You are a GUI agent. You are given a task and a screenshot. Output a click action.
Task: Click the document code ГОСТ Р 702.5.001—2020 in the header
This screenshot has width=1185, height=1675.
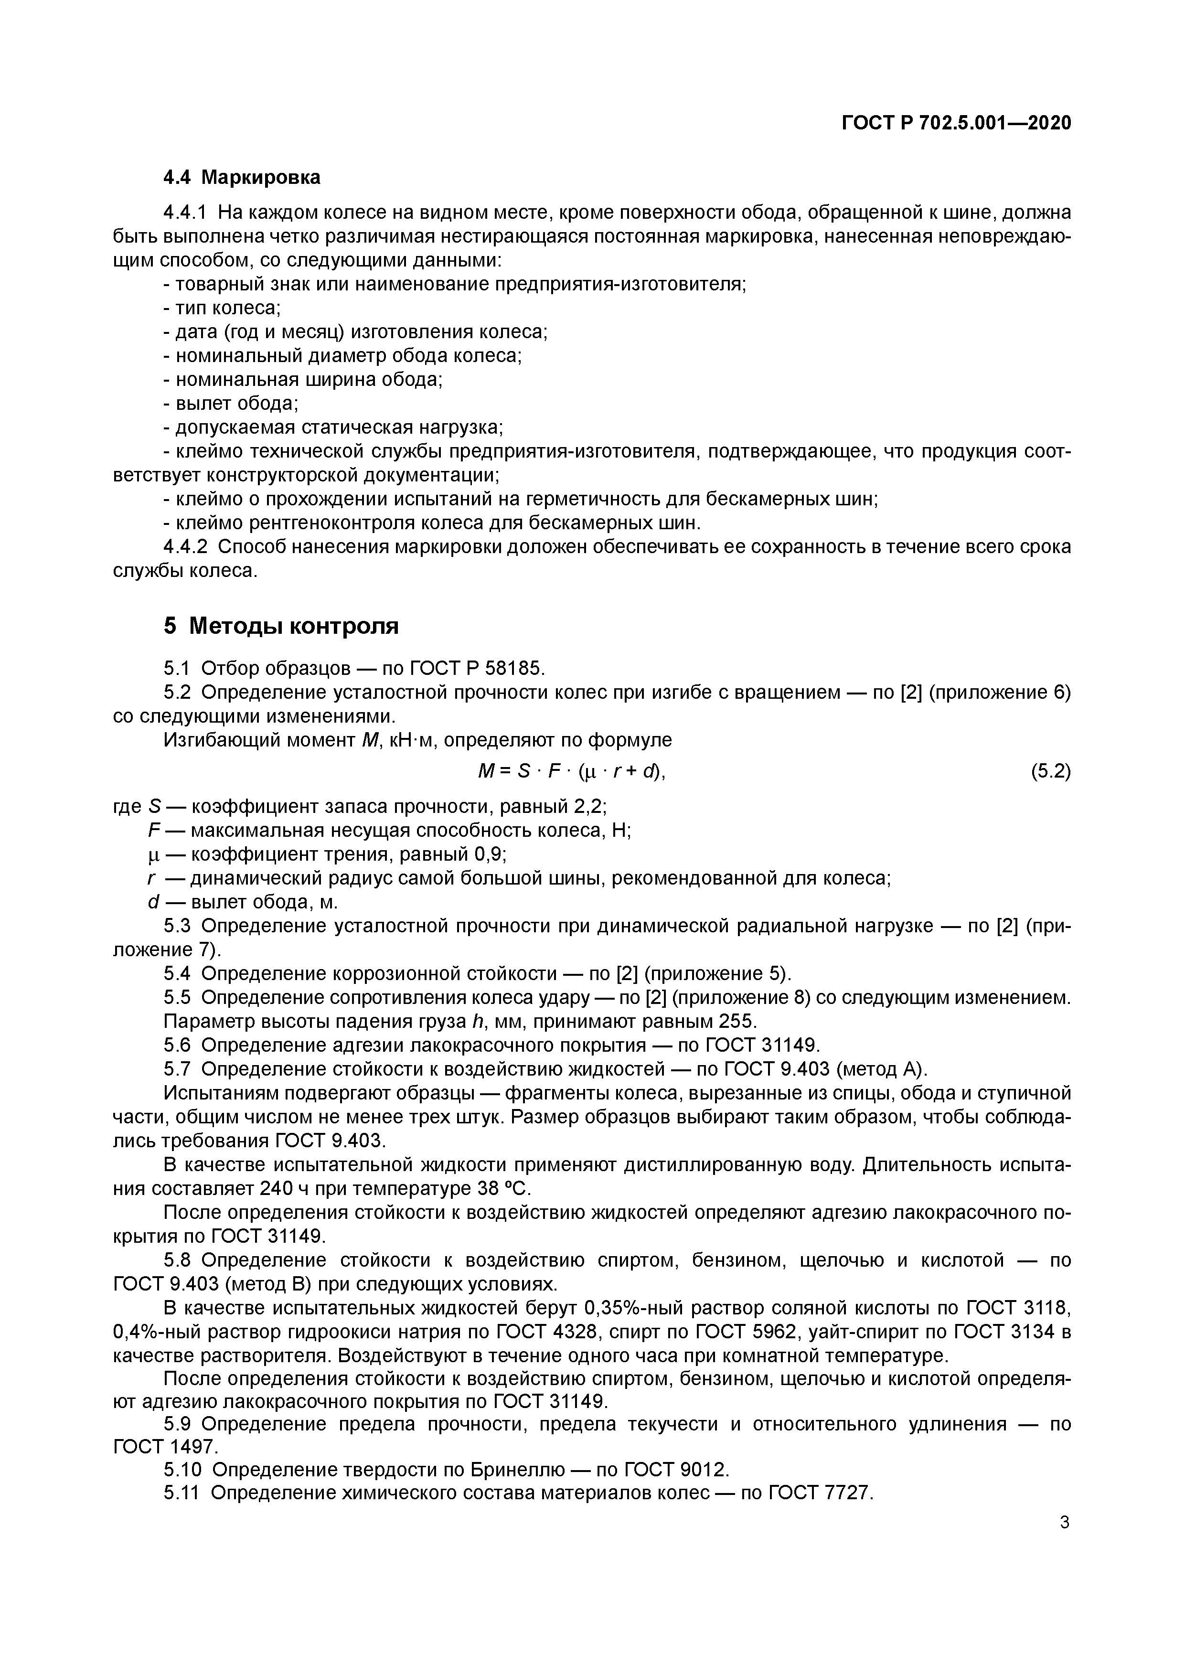957,123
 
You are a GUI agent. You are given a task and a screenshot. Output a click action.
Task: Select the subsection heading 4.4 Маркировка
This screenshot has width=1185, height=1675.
242,177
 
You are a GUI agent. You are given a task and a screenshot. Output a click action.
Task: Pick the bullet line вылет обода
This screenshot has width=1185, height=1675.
231,404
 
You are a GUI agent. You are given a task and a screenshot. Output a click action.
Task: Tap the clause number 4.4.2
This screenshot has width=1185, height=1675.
185,546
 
